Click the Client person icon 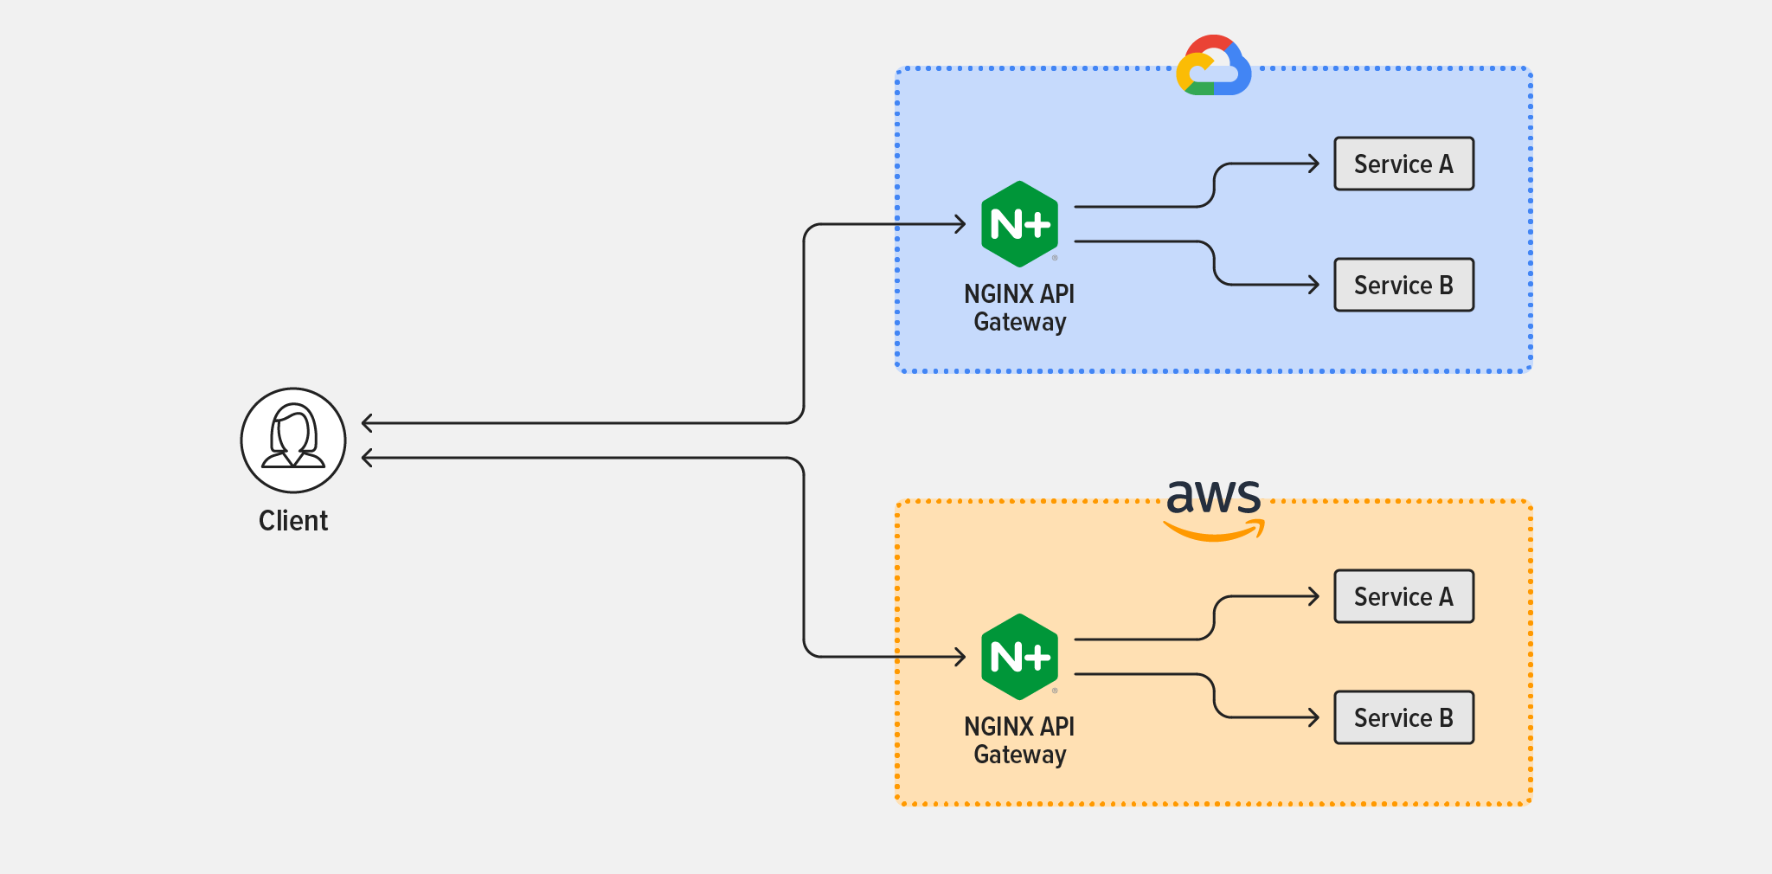point(293,440)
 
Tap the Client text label point(293,521)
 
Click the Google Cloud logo point(1214,66)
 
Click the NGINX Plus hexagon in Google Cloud point(1020,224)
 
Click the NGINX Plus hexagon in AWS point(1020,657)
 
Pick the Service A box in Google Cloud point(1403,164)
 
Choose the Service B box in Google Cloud point(1403,285)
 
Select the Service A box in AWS point(1403,596)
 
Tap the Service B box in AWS point(1403,717)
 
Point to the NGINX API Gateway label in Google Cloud point(1019,308)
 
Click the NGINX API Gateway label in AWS point(1019,741)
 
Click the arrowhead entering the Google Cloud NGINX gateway point(960,224)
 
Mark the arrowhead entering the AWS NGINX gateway point(960,657)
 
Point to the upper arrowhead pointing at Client point(367,423)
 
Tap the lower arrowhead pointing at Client point(367,458)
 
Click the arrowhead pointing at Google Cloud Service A point(1313,164)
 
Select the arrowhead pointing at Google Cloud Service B point(1313,285)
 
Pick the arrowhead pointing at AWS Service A point(1313,596)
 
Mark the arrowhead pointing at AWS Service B point(1313,717)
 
